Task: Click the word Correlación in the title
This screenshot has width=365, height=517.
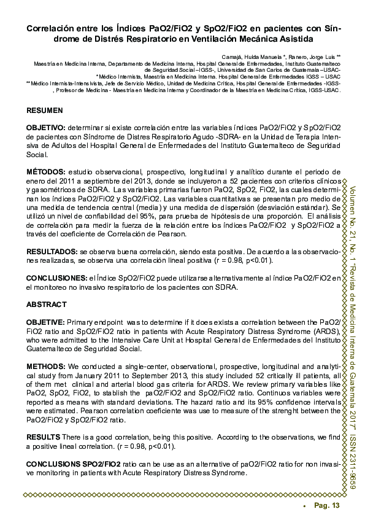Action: pyautogui.click(x=50, y=29)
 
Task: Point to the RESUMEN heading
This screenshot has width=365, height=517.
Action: pyautogui.click(x=44, y=111)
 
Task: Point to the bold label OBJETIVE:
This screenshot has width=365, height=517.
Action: pyautogui.click(x=45, y=322)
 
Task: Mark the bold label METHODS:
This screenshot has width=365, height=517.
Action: pyautogui.click(x=45, y=367)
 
